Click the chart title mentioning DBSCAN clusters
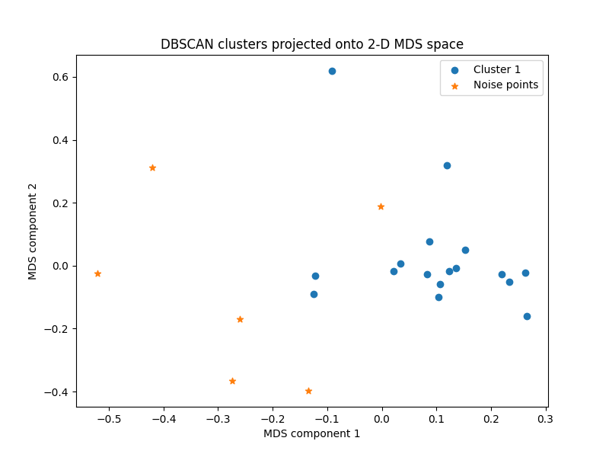(x=312, y=44)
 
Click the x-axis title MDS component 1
(x=312, y=433)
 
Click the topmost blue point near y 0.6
(x=332, y=71)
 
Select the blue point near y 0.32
(x=447, y=165)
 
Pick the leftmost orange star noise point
(x=97, y=273)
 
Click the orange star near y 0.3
(x=152, y=168)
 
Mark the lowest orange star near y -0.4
(x=308, y=391)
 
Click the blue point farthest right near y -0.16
(x=527, y=316)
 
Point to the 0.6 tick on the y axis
(x=61, y=77)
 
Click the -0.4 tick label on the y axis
(x=58, y=392)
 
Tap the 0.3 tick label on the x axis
(x=545, y=418)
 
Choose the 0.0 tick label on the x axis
(x=381, y=418)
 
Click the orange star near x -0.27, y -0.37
(x=232, y=381)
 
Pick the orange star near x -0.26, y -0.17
(x=240, y=319)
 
